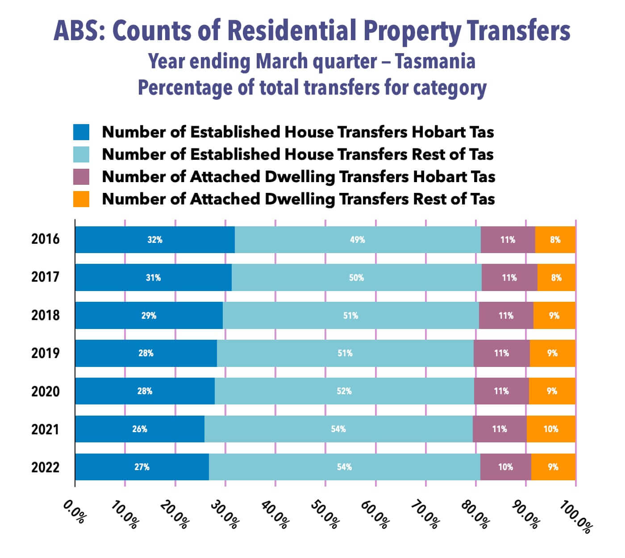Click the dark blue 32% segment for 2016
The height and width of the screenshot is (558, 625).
[x=155, y=240]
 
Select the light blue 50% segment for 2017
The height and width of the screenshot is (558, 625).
[x=356, y=278]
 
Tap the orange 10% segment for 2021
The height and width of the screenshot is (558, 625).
[x=551, y=429]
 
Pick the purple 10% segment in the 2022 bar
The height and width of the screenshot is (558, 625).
[x=505, y=467]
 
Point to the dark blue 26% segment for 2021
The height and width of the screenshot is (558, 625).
[x=140, y=429]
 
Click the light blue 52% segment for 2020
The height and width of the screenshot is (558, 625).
[x=344, y=391]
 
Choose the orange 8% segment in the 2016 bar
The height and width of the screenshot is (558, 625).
[x=555, y=240]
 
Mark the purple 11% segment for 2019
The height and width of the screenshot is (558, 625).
[x=501, y=353]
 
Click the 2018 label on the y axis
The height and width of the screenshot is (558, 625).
[x=45, y=316]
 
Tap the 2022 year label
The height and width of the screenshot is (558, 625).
[x=45, y=467]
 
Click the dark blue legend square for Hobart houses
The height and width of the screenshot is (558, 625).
[x=81, y=132]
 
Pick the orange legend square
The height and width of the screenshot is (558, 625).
[x=81, y=199]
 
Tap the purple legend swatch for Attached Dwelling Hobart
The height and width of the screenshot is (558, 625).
[x=81, y=177]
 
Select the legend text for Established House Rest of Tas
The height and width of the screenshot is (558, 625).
[x=298, y=154]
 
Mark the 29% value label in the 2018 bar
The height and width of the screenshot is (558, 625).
[x=149, y=316]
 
